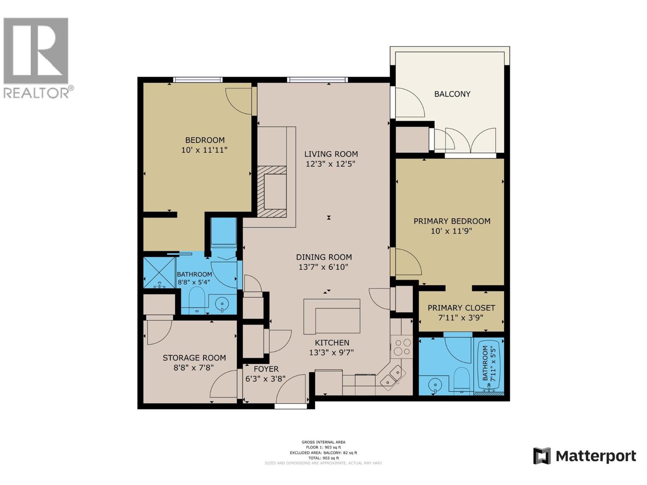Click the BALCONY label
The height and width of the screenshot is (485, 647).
pyautogui.click(x=452, y=94)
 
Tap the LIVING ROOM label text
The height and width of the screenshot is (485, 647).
pyautogui.click(x=331, y=154)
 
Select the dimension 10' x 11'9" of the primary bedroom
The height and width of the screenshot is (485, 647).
pyautogui.click(x=451, y=231)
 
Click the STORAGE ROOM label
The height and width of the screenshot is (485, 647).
pyautogui.click(x=194, y=358)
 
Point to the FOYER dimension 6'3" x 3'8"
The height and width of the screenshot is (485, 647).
pyautogui.click(x=266, y=379)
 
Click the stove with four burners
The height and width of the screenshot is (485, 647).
pyautogui.click(x=402, y=347)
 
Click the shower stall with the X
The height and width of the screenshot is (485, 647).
pyautogui.click(x=159, y=272)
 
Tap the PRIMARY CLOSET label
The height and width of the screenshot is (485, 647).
pyautogui.click(x=461, y=308)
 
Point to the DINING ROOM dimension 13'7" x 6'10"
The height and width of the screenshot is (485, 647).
pyautogui.click(x=323, y=267)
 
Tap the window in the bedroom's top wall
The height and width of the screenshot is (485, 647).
pyautogui.click(x=198, y=80)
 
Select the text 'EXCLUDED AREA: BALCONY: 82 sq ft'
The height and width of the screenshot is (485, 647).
pyautogui.click(x=323, y=453)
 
